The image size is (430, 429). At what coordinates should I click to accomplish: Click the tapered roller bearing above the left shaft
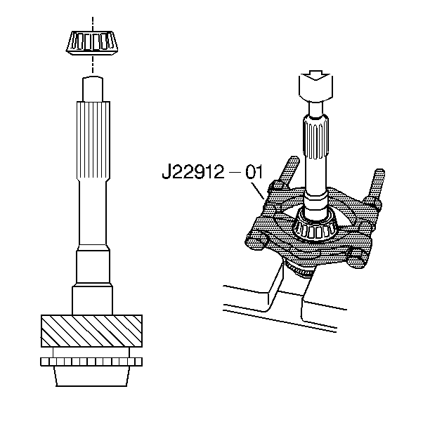pyautogui.click(x=93, y=43)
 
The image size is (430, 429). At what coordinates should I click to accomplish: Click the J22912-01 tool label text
pyautogui.click(x=212, y=173)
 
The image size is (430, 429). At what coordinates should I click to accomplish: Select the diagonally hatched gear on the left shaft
pyautogui.click(x=91, y=331)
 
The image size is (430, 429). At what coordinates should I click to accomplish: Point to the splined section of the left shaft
pyautogui.click(x=93, y=140)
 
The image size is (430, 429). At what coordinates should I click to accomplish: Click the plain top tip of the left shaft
pyautogui.click(x=93, y=88)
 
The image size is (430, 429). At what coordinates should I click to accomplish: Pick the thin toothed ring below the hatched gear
pyautogui.click(x=91, y=362)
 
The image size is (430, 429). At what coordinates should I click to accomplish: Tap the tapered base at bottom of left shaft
pyautogui.click(x=91, y=376)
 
